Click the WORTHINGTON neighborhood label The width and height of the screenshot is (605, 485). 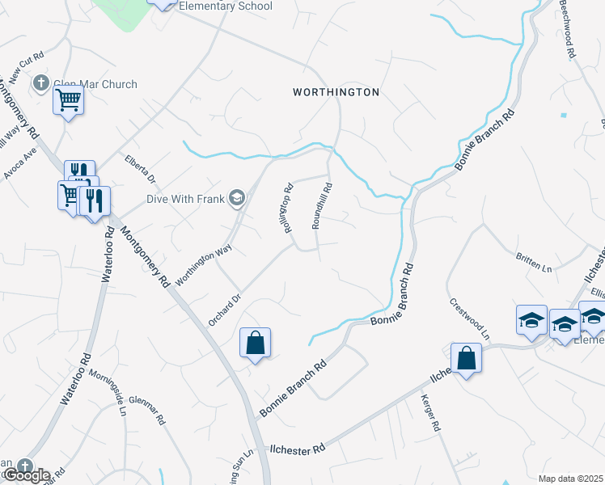click(336, 92)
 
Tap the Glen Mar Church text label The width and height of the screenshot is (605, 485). click(95, 84)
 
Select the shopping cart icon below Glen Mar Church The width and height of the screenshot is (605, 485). click(69, 101)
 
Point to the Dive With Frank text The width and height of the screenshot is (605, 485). click(185, 197)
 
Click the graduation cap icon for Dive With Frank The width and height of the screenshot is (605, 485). click(237, 197)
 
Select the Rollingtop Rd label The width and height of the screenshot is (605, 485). click(287, 209)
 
